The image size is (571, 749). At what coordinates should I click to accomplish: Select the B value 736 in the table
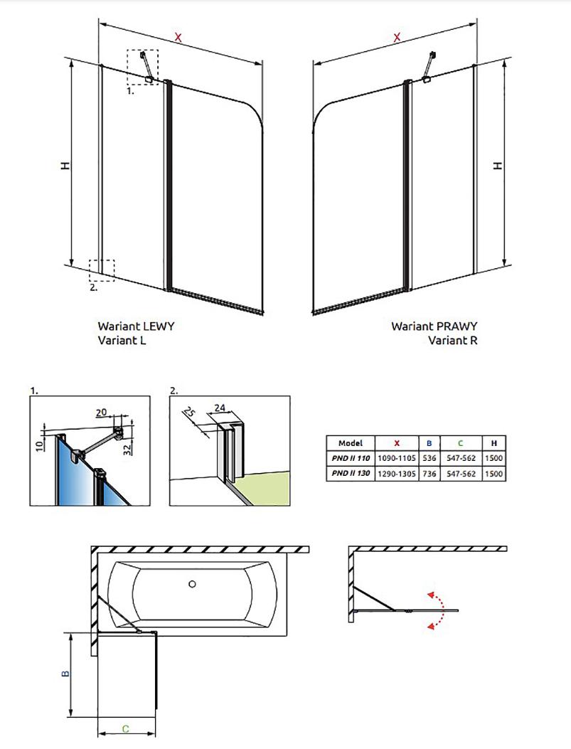[x=429, y=473]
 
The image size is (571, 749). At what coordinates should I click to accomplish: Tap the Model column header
[x=351, y=443]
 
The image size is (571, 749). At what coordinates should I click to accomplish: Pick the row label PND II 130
[x=351, y=473]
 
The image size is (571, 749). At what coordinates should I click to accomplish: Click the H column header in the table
[x=493, y=443]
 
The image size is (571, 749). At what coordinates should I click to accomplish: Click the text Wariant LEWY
[x=136, y=326]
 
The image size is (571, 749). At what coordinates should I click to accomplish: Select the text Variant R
[x=452, y=340]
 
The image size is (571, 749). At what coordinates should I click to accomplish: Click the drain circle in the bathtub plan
[x=192, y=584]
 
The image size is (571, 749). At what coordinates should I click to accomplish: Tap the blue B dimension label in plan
[x=65, y=673]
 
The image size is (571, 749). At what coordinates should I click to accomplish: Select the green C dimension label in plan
[x=125, y=728]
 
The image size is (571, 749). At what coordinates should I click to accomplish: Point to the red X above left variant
[x=178, y=37]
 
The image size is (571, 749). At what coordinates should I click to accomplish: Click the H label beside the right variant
[x=498, y=165]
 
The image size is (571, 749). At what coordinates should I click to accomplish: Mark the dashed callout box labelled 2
[x=101, y=270]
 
